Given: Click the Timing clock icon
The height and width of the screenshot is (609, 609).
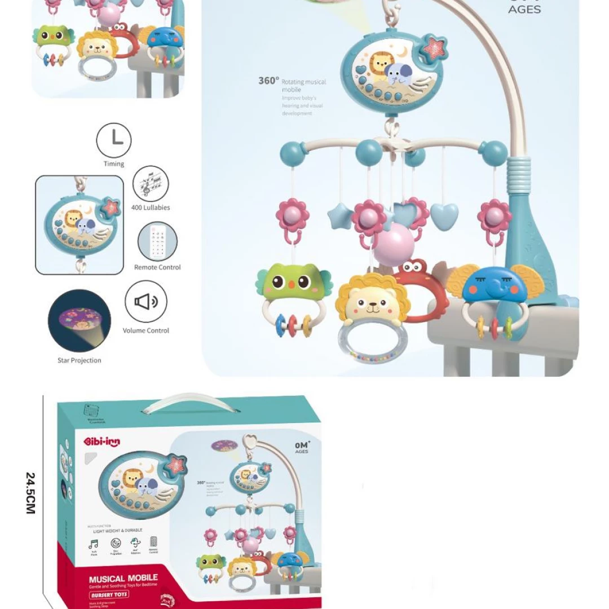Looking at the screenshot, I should pyautogui.click(x=114, y=140).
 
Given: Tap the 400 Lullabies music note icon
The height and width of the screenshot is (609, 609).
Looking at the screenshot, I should pyautogui.click(x=151, y=183).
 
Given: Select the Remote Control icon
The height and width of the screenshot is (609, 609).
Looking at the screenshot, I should pyautogui.click(x=157, y=241).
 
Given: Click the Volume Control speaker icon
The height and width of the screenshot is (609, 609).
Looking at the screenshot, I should pyautogui.click(x=146, y=302).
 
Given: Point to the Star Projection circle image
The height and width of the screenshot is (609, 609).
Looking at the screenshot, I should pyautogui.click(x=80, y=321).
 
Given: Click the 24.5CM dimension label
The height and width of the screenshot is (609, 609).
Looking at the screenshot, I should pyautogui.click(x=30, y=493).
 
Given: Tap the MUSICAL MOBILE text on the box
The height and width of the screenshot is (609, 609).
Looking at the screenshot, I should pyautogui.click(x=123, y=578).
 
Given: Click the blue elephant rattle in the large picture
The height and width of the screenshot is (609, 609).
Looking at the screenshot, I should pyautogui.click(x=491, y=285).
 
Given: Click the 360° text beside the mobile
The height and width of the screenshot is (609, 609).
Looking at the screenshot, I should pyautogui.click(x=268, y=81).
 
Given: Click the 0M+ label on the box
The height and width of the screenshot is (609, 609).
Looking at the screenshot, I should pyautogui.click(x=302, y=445).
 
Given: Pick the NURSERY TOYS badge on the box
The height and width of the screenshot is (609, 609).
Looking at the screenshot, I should pyautogui.click(x=110, y=594).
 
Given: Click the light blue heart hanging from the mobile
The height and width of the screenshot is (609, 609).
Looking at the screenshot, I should pyautogui.click(x=444, y=215).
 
